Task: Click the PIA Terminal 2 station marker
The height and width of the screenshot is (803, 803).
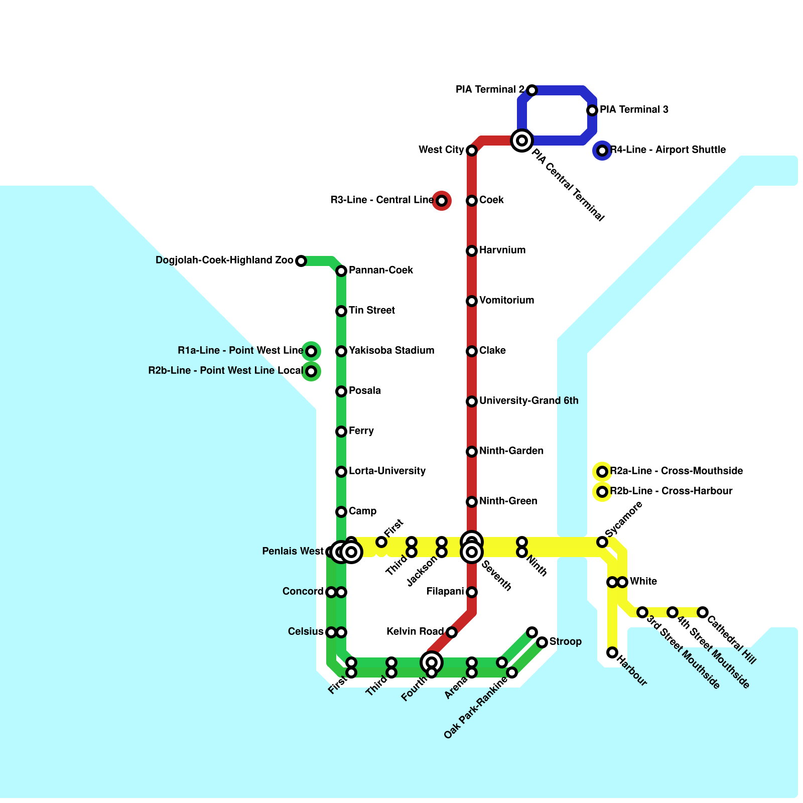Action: tap(532, 90)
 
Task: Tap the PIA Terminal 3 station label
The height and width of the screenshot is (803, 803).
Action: tap(634, 109)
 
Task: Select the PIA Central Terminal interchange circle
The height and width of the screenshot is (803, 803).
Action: tap(522, 140)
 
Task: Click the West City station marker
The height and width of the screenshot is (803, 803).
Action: tap(472, 151)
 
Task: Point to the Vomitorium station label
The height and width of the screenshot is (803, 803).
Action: tap(506, 300)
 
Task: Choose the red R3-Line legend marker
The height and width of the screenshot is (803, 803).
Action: tap(442, 201)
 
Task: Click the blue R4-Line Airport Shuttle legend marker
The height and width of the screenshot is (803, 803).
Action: tap(602, 151)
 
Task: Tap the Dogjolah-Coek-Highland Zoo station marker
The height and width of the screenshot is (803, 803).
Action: tap(301, 261)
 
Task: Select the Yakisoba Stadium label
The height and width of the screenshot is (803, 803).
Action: tap(391, 350)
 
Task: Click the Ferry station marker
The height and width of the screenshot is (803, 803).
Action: tap(341, 432)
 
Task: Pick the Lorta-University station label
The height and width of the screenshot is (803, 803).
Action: tap(387, 471)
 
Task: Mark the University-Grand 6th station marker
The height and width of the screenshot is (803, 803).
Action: tap(472, 401)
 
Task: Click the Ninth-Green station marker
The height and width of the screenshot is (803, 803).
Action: tap(472, 502)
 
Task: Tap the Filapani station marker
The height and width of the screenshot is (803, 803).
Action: tap(472, 592)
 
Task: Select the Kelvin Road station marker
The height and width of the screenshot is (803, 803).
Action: tap(452, 632)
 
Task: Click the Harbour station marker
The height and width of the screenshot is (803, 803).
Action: tap(612, 652)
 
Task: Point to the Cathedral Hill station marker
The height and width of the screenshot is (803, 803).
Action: tap(703, 612)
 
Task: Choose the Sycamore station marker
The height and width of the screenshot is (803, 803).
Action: tap(602, 542)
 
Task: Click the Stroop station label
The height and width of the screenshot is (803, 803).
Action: tap(565, 641)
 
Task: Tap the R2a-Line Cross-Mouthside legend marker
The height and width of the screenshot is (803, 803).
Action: tap(602, 472)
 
